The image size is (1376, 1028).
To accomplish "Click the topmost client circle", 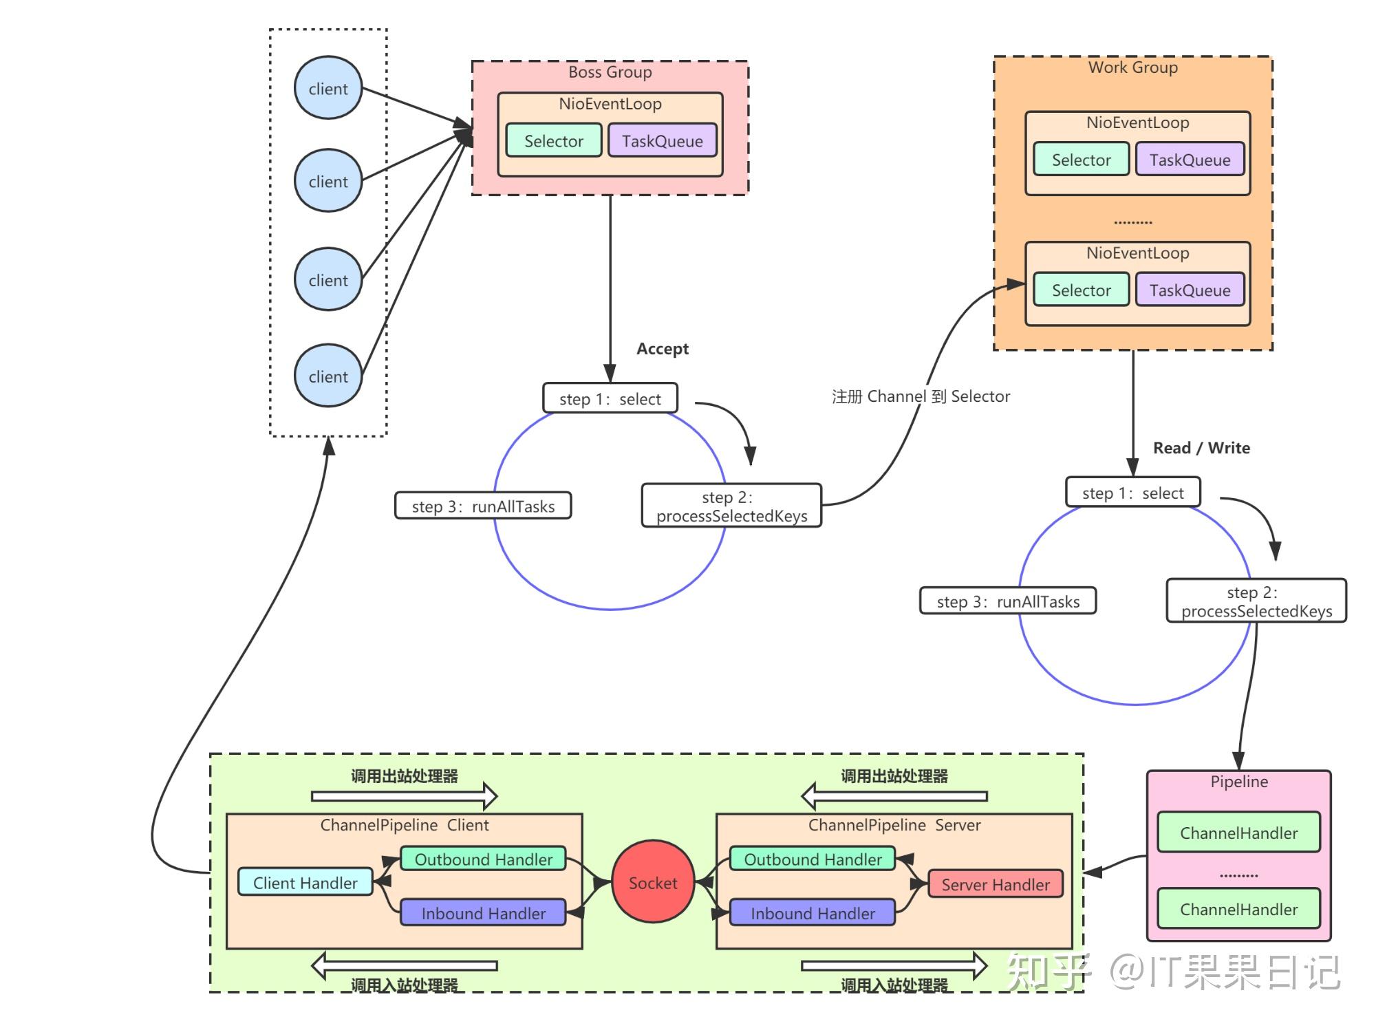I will click(328, 88).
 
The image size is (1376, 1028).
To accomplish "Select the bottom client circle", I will click(328, 376).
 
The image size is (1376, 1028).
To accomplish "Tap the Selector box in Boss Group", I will click(554, 140).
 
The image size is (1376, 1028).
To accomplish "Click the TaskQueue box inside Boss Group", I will click(663, 140).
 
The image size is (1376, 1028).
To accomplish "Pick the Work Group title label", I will click(1132, 67).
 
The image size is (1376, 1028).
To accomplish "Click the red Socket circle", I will click(653, 882).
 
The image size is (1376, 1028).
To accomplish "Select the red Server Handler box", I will click(996, 884).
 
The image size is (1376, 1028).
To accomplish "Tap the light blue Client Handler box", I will click(305, 882).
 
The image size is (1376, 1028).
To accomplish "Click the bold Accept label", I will click(662, 349).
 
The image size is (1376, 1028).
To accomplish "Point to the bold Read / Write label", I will click(1201, 448).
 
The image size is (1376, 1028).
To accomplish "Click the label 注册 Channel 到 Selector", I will click(921, 396).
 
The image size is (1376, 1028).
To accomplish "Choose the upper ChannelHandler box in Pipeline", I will click(1238, 833).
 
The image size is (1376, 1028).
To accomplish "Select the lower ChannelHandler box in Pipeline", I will click(1238, 909).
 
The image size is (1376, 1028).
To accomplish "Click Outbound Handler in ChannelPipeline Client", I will click(483, 859).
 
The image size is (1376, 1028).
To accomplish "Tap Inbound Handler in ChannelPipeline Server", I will click(813, 913).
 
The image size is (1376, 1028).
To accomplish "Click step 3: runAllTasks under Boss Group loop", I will click(483, 506).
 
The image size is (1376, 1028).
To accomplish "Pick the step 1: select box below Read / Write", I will click(1132, 493).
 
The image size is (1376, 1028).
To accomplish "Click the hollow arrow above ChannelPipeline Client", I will click(405, 796).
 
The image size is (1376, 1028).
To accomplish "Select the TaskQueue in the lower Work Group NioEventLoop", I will click(1190, 290).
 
